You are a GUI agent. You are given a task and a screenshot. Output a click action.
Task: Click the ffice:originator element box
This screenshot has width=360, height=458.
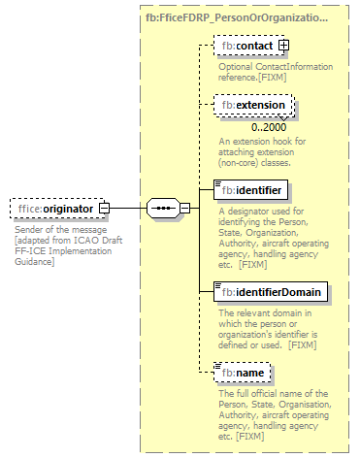(x=53, y=208)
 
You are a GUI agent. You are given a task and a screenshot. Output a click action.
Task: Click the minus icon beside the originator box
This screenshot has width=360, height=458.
(x=104, y=208)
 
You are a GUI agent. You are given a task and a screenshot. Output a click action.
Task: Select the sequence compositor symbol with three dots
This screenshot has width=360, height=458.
(x=162, y=208)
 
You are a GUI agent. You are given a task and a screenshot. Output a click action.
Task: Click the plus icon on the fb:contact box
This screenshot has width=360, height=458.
(x=283, y=46)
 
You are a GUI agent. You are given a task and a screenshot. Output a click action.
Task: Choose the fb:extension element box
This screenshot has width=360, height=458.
(x=253, y=105)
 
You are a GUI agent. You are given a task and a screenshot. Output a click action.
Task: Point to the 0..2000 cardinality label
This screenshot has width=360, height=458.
(x=269, y=127)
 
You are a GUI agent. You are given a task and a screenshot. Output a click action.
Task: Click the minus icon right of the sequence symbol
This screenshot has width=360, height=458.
(x=183, y=208)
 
